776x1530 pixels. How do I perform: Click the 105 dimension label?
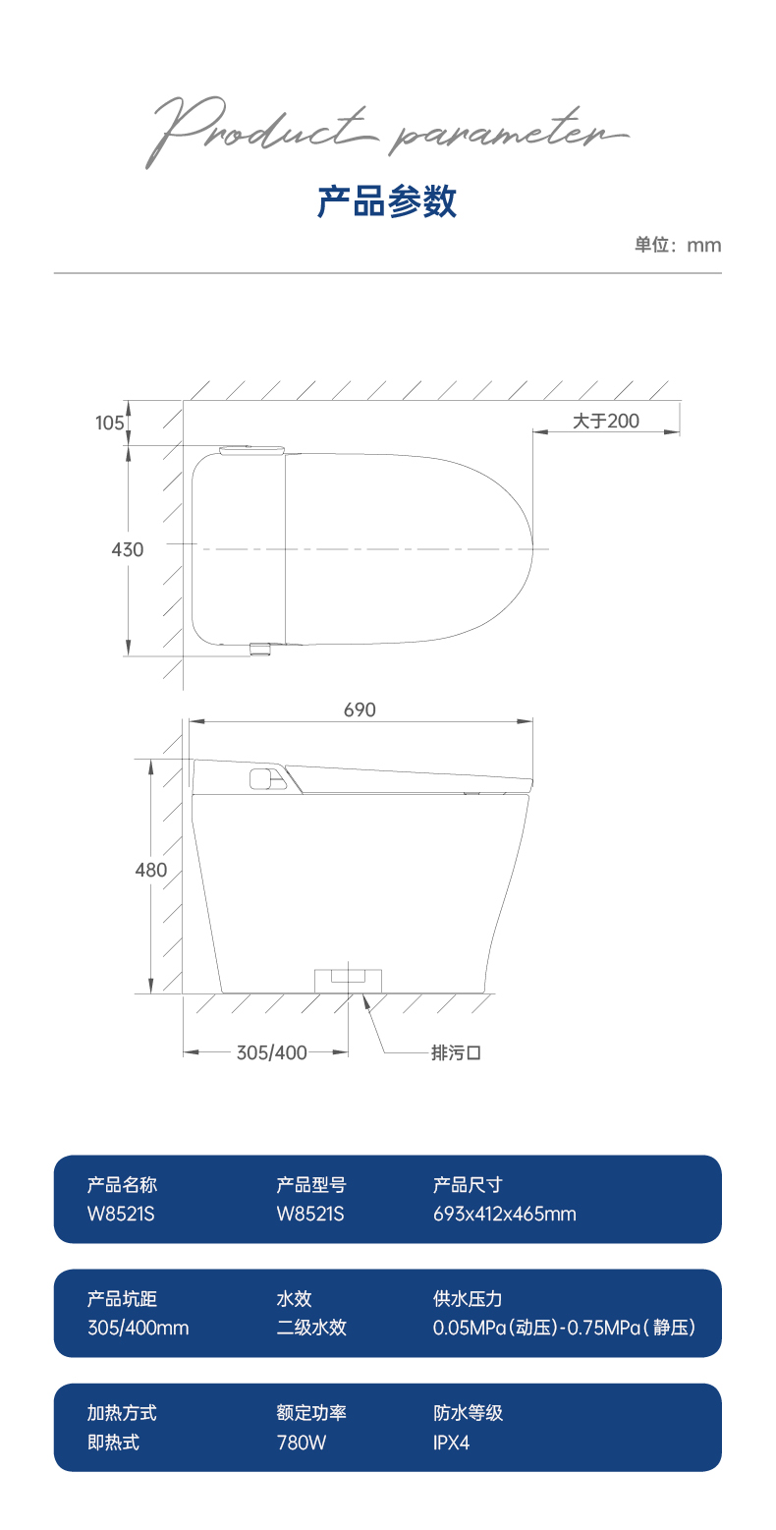[x=110, y=423]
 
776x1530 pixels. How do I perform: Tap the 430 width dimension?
[x=128, y=550]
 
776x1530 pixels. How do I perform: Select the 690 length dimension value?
[x=360, y=709]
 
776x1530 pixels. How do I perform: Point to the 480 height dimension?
[x=151, y=871]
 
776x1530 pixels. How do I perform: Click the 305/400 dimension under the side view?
[x=272, y=1052]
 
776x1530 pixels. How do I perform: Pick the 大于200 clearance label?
[x=605, y=421]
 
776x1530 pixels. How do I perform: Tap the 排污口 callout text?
[x=456, y=1052]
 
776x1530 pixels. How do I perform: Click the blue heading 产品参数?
[x=387, y=201]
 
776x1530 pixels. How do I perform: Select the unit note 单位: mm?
[x=678, y=245]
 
